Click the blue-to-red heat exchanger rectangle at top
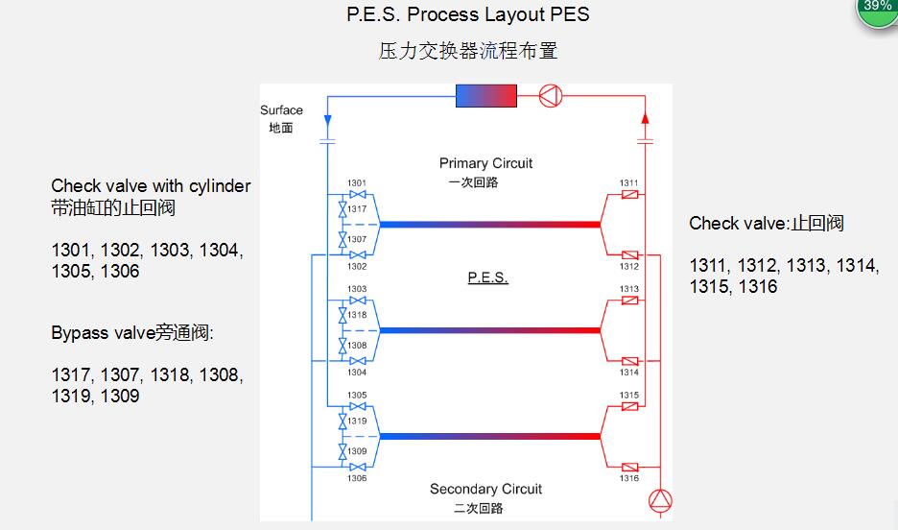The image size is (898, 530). point(486,96)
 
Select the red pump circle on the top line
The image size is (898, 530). point(551,96)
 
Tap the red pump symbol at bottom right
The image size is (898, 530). point(660,501)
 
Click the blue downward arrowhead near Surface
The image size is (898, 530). point(327,120)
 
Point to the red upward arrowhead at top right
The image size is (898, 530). point(645,118)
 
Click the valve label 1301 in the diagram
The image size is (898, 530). point(356,182)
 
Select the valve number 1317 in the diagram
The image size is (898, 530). point(357,209)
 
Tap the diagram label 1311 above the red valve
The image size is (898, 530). point(628,182)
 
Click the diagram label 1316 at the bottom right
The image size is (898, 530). point(628,478)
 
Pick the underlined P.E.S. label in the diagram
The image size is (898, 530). point(488,277)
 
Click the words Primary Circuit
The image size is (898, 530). point(485,163)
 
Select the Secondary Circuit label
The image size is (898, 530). point(485,489)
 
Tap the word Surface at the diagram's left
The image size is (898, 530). point(281,110)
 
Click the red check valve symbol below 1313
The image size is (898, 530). point(630,301)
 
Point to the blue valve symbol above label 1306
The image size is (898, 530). point(358,467)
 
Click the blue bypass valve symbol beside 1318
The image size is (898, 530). point(343,315)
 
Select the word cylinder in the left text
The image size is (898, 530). point(220,186)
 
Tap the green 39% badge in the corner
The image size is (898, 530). point(878,8)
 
